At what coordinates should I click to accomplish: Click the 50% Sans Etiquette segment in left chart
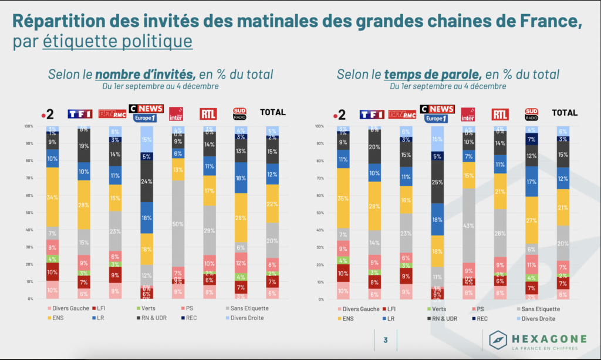click(178, 224)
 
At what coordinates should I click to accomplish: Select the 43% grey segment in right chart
click(468, 226)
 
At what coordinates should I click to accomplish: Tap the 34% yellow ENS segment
click(53, 197)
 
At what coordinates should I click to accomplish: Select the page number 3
click(385, 339)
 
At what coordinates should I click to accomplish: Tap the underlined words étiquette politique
click(117, 42)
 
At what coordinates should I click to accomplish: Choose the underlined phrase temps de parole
click(433, 75)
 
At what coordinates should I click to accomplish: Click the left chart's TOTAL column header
click(272, 112)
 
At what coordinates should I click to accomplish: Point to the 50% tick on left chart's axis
click(29, 213)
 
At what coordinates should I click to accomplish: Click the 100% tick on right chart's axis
click(319, 126)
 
